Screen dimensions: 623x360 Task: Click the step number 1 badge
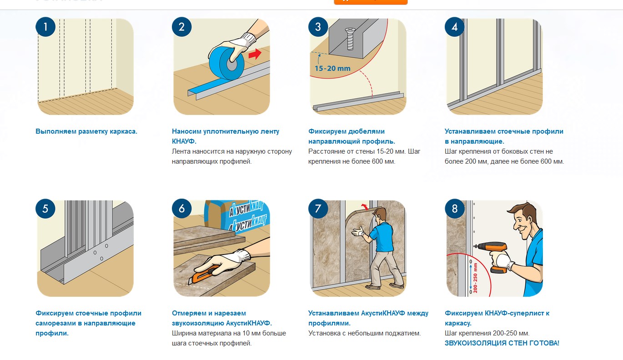[45, 27]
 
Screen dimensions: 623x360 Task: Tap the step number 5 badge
[45, 209]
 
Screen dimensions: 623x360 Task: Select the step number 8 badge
[454, 209]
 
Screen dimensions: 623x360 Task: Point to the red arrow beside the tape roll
[255, 54]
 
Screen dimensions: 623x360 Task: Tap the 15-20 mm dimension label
[332, 68]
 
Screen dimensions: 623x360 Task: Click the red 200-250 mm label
[475, 278]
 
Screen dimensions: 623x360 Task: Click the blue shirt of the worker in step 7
[382, 236]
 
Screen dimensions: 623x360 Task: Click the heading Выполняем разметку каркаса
[86, 131]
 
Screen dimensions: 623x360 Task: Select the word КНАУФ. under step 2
[184, 141]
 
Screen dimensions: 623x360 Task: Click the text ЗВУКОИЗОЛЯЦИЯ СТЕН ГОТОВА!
[502, 343]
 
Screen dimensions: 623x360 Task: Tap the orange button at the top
[371, 2]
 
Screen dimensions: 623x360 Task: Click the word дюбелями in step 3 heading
[367, 131]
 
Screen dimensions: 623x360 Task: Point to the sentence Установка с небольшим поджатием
[364, 333]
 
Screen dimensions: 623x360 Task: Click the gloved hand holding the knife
[222, 262]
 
